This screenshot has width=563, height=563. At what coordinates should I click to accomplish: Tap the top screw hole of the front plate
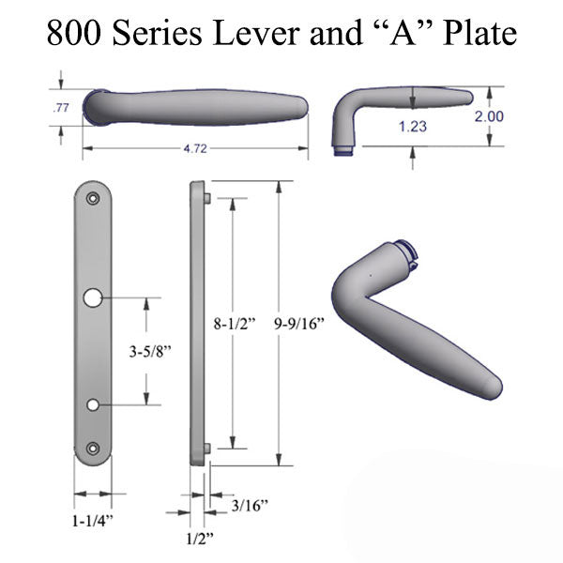[93, 200]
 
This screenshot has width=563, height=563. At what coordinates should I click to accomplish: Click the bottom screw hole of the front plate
[93, 449]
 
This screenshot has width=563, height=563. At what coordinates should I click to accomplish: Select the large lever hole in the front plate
[93, 298]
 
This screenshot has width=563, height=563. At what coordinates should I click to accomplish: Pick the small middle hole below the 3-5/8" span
[93, 404]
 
